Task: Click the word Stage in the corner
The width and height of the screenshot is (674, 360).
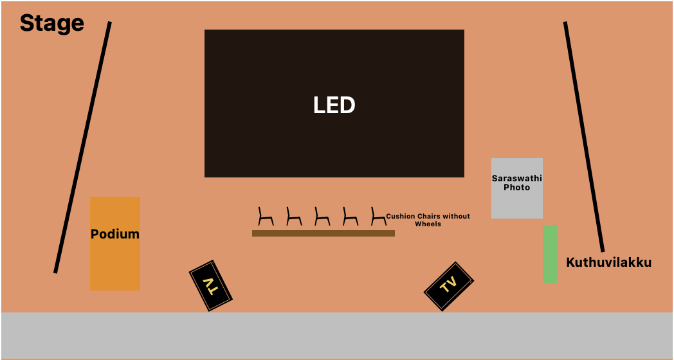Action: click(51, 23)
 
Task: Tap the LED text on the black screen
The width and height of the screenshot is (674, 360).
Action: click(334, 105)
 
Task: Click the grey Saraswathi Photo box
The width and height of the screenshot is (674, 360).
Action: click(516, 188)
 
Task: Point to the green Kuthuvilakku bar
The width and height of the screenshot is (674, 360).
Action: click(549, 253)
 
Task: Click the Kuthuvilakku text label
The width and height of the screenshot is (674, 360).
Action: click(608, 262)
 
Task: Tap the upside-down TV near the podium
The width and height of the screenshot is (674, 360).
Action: click(210, 285)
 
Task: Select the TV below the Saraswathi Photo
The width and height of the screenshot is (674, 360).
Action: click(448, 286)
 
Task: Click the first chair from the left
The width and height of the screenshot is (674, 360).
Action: click(265, 217)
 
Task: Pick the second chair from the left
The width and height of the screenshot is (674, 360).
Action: click(293, 217)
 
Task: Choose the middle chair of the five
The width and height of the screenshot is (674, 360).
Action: click(322, 217)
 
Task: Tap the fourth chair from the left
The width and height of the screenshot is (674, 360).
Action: click(350, 217)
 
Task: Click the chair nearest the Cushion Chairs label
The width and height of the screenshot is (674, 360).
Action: click(378, 217)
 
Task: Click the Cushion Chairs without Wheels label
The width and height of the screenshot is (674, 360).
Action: click(428, 220)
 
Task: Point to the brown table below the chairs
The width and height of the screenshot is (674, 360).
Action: click(323, 233)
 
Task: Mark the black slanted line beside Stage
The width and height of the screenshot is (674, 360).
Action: click(82, 147)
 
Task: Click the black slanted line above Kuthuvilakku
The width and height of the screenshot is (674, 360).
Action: click(584, 136)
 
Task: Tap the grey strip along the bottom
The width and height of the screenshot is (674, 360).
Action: click(337, 335)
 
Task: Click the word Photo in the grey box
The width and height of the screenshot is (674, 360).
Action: click(516, 188)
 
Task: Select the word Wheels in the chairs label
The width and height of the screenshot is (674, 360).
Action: click(428, 224)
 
